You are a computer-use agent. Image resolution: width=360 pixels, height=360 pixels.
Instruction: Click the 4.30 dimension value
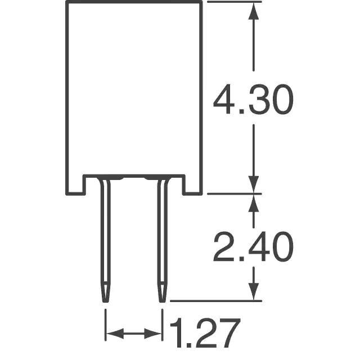click(253, 99)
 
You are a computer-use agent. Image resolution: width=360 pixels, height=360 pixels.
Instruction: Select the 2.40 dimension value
click(253, 246)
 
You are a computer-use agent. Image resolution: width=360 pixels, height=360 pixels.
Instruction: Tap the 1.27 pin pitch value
click(205, 333)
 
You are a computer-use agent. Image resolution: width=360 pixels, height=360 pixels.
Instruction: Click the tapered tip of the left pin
click(106, 294)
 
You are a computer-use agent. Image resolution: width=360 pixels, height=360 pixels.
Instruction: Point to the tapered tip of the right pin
click(163, 294)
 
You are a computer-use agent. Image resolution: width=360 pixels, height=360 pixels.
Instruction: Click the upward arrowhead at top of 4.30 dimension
click(254, 11)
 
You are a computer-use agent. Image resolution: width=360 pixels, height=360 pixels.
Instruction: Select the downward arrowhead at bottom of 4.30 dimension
click(254, 184)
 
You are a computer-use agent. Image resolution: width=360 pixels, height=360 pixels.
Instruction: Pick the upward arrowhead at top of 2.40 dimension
click(254, 203)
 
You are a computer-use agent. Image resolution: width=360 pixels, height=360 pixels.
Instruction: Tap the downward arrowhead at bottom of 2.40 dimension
click(254, 291)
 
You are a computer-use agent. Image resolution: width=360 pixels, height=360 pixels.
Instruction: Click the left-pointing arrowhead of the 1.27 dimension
click(115, 334)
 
